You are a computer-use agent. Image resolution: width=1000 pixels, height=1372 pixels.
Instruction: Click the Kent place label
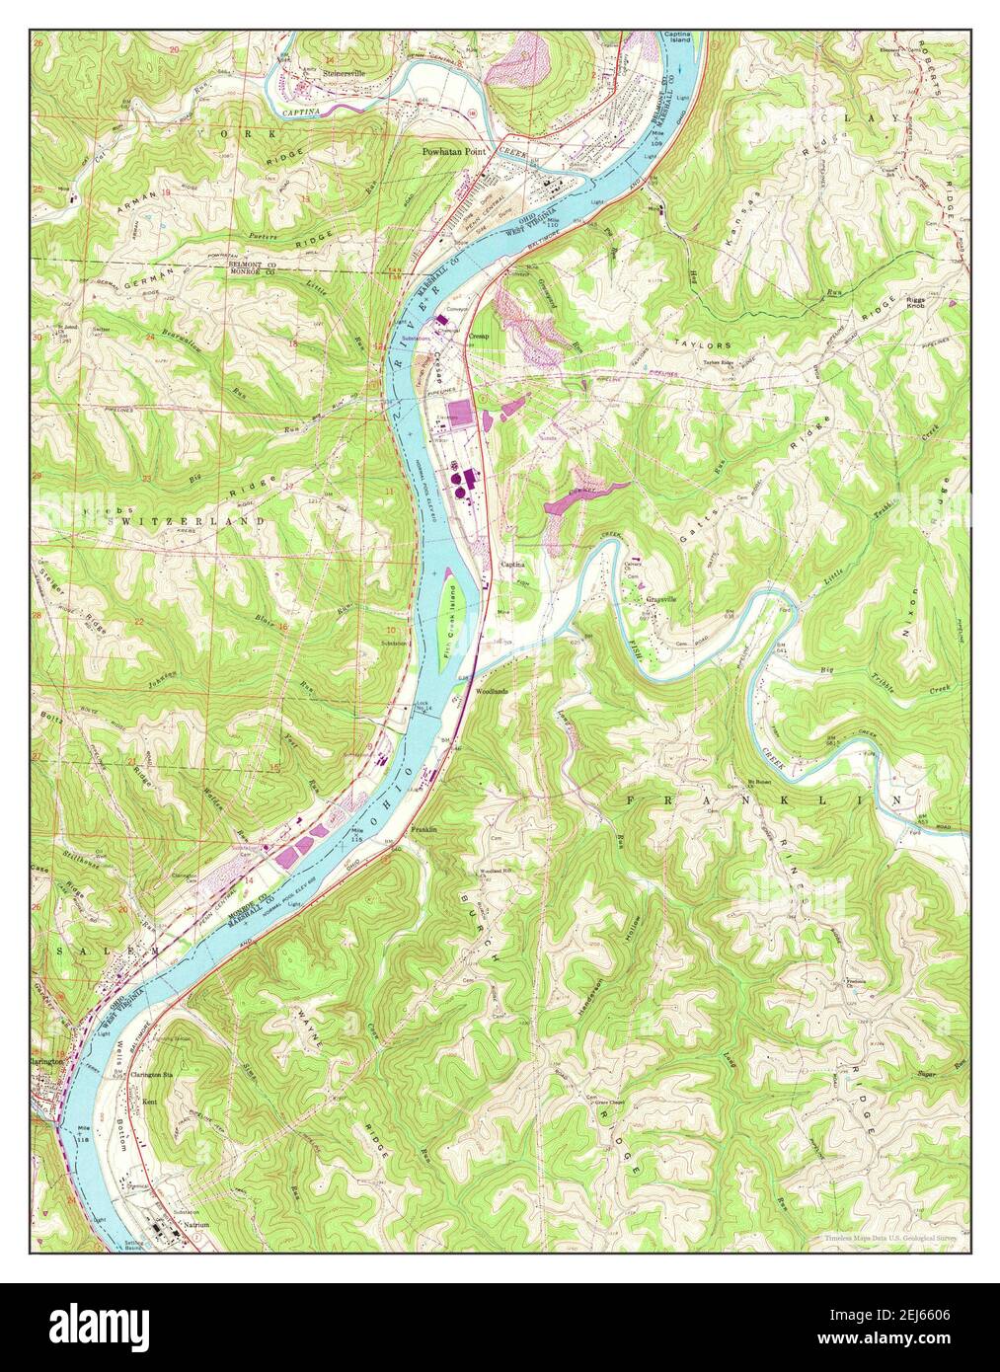[150, 1099]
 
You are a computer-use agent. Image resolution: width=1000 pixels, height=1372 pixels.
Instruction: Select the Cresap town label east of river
[480, 336]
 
